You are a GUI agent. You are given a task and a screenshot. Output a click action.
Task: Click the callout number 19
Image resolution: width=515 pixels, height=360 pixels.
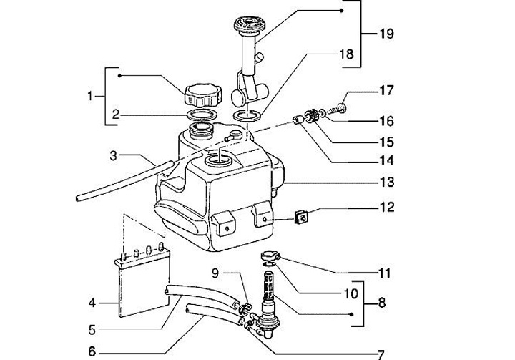(x=386, y=34)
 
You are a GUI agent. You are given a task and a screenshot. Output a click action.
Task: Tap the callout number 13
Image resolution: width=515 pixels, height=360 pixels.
(x=386, y=182)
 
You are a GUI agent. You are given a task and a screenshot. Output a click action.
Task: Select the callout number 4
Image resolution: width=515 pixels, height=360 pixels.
(x=92, y=303)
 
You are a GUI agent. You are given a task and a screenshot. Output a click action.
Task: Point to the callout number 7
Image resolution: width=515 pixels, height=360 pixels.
(x=381, y=354)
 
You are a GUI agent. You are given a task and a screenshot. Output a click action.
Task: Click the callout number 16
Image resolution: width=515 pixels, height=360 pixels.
(x=386, y=122)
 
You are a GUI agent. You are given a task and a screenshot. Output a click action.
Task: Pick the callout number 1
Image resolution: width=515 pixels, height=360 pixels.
(x=90, y=97)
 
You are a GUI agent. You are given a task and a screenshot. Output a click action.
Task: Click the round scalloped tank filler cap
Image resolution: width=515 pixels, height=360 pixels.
(x=203, y=95)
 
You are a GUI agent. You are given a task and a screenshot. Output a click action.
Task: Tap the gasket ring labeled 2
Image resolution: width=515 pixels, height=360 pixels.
(x=202, y=115)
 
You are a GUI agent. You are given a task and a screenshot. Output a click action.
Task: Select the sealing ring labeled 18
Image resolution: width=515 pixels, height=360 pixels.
(x=247, y=116)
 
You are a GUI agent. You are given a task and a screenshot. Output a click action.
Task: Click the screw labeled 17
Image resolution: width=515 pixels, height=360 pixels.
(x=337, y=108)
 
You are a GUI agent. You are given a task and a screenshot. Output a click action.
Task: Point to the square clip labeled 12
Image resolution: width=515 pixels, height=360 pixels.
(x=301, y=217)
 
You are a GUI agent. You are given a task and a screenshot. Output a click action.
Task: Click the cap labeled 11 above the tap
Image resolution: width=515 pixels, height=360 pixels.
(x=270, y=256)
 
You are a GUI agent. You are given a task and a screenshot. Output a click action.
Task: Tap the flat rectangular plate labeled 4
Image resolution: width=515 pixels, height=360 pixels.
(x=144, y=288)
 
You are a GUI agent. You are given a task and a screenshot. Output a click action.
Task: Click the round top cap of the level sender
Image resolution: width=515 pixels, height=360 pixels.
(x=249, y=24)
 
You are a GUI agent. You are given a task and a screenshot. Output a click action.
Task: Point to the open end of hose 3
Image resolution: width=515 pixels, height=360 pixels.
(x=77, y=198)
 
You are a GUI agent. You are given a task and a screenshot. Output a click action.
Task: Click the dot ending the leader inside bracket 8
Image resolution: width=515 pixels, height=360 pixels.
(x=352, y=315)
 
